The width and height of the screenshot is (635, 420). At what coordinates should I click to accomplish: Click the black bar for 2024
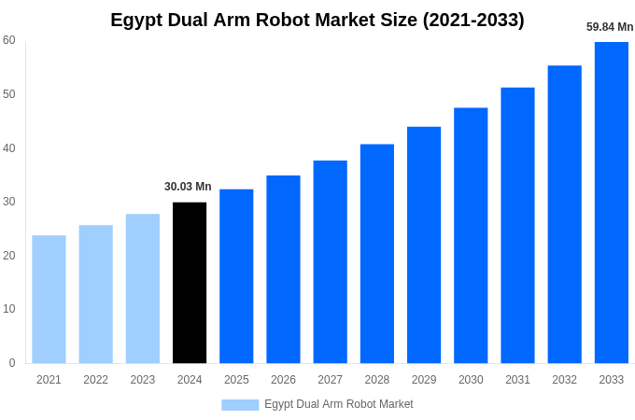[190, 283]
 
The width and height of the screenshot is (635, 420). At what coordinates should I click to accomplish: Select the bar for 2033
[612, 203]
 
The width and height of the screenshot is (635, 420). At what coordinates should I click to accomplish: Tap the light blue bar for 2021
[49, 299]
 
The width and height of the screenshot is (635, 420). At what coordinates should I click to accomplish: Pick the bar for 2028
[377, 254]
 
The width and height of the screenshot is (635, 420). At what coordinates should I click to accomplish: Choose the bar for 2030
[471, 235]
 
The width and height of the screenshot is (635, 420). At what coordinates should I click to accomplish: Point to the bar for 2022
[95, 294]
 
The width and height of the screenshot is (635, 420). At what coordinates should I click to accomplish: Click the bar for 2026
[283, 269]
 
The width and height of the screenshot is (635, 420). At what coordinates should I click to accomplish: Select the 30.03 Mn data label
[188, 187]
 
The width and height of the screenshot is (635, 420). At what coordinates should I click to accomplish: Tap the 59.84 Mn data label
[610, 27]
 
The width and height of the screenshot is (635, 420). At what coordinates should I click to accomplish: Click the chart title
[317, 20]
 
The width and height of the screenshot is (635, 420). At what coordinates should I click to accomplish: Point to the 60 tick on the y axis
[9, 40]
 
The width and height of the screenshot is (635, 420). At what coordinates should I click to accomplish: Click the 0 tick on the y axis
[12, 363]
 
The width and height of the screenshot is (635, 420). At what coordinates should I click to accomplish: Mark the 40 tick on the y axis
[9, 147]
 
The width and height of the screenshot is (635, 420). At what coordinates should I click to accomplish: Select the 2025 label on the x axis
[236, 380]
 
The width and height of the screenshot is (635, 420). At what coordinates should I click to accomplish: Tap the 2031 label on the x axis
[517, 380]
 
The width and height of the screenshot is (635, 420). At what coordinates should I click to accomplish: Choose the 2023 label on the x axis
[143, 380]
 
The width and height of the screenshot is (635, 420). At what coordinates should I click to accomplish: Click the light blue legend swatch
[240, 404]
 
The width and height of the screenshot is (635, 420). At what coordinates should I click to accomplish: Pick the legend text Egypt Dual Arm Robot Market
[338, 404]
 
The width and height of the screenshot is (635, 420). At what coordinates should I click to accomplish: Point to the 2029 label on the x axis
[424, 380]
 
